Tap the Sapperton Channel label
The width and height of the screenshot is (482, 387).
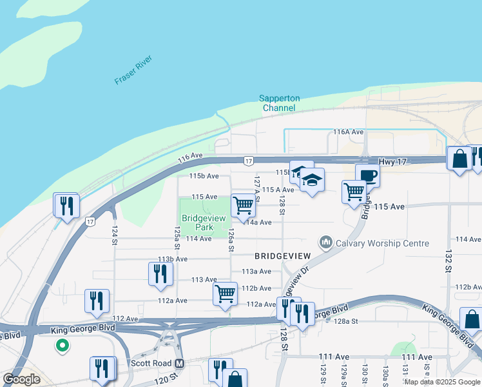(279, 103)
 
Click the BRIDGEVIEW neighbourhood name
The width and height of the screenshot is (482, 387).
(282, 256)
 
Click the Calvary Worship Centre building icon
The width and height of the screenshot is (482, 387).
(325, 243)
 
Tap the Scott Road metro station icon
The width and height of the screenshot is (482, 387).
(180, 363)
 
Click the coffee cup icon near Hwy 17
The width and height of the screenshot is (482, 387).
(367, 175)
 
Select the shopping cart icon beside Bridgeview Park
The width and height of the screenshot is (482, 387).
(243, 206)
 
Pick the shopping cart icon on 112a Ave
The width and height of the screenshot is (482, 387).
(225, 293)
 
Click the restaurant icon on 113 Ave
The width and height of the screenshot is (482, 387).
(160, 273)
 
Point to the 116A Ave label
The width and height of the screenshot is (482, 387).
(349, 132)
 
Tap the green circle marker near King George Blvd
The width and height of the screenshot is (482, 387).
(63, 346)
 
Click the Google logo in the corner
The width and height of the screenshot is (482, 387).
(22, 379)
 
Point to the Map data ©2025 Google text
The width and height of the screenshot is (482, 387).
(442, 382)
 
